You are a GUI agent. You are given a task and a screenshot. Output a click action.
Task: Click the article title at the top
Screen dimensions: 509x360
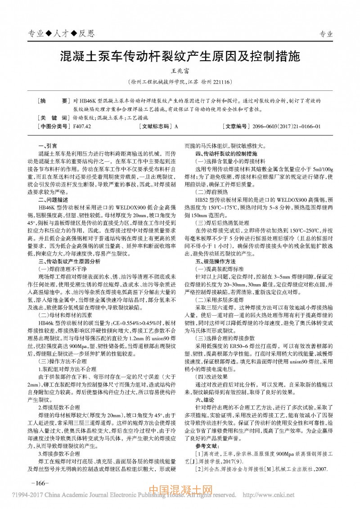point(180,57)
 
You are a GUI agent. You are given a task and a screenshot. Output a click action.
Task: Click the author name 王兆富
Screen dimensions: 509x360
point(180,71)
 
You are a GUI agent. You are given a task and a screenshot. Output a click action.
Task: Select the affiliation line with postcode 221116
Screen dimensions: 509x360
point(180,82)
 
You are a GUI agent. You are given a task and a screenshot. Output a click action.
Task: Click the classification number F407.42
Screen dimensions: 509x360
point(82,126)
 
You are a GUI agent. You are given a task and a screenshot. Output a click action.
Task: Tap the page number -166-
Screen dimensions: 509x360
point(39,483)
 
